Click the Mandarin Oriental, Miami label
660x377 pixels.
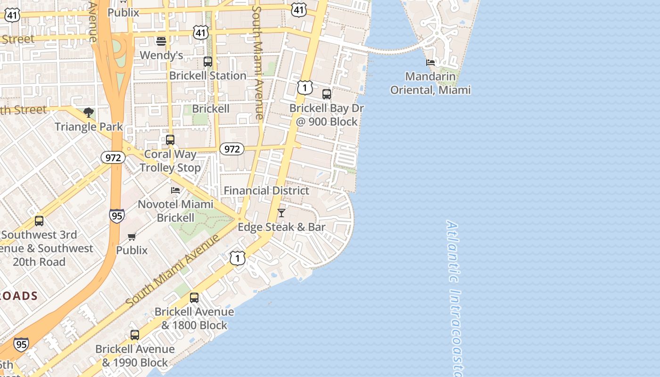coord(430,83)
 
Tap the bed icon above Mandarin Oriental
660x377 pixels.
coord(430,62)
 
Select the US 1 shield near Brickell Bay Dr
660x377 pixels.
coord(305,87)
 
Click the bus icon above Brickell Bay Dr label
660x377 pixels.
coord(327,94)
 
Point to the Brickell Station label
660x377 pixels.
coord(208,75)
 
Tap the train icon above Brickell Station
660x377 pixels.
coord(208,62)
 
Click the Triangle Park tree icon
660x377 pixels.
coord(88,112)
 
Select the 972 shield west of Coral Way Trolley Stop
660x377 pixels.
coord(113,157)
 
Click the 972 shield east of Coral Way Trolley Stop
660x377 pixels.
coord(231,149)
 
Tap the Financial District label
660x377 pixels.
coord(266,190)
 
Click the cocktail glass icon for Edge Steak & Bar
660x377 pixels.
coord(281,213)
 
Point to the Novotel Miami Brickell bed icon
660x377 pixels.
coord(175,190)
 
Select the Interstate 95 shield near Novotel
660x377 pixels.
coord(117,216)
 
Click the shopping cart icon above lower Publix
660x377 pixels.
coord(132,237)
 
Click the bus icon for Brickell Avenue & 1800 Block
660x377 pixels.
coord(194,298)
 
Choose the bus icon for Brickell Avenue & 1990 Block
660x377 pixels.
coord(135,335)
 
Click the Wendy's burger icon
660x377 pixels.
coord(161,41)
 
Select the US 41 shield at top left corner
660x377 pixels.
coord(12,15)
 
